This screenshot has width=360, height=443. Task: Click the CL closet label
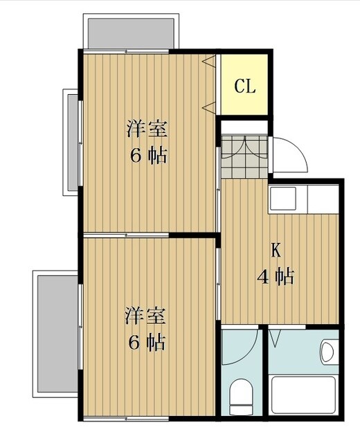(245, 87)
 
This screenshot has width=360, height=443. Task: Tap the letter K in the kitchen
(275, 249)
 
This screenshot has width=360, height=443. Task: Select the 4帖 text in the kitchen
(275, 277)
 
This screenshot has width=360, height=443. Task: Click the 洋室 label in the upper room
(147, 129)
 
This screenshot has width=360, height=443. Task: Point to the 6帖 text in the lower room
(147, 342)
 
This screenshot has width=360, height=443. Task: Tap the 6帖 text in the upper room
(147, 155)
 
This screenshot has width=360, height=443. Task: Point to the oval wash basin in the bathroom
(327, 352)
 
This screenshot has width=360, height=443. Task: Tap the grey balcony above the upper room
(130, 32)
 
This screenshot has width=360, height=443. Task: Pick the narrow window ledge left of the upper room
(72, 142)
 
